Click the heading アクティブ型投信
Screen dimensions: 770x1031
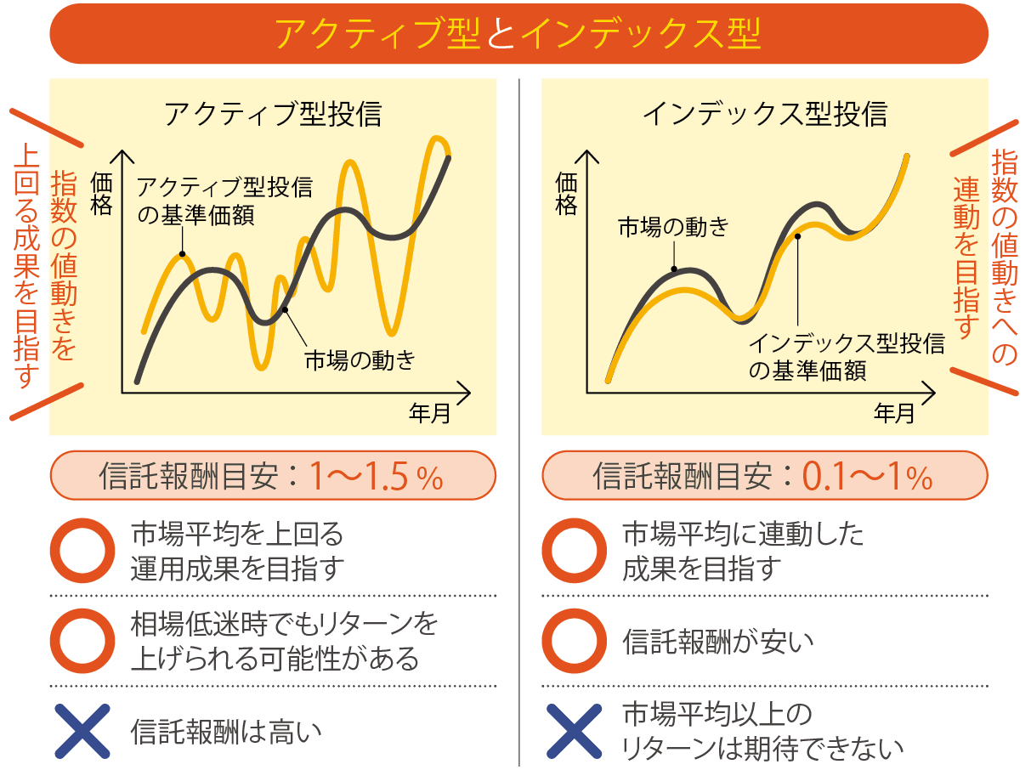pos(272,113)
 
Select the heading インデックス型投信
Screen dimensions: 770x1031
pos(764,113)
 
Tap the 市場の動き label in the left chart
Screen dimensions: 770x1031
pos(360,360)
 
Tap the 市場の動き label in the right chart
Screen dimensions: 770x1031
pos(672,226)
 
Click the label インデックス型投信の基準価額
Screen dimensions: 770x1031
pos(846,357)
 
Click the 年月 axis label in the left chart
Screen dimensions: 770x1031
pos(430,414)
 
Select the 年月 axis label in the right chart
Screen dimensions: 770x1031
pos(895,414)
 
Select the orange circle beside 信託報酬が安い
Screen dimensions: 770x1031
pos(575,641)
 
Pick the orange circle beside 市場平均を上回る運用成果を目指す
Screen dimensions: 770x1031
pos(82,551)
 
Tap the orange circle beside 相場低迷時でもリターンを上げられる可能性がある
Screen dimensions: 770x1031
pos(82,641)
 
